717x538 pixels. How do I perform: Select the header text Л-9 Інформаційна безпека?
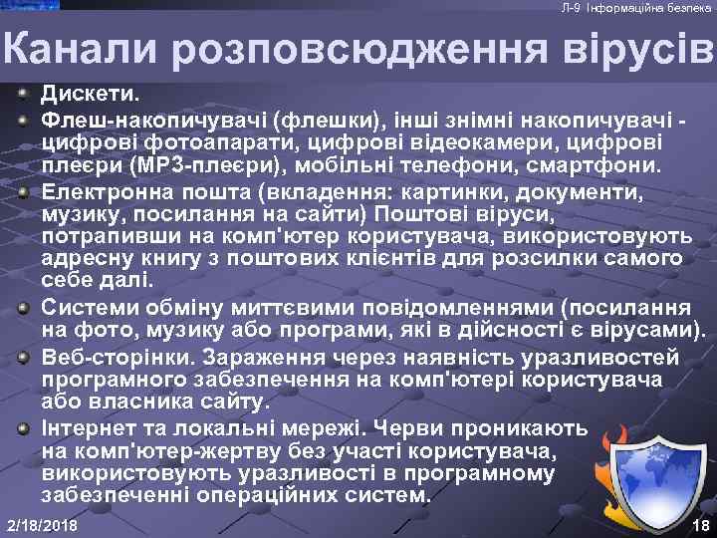[635, 8]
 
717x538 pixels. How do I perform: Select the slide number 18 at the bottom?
[699, 524]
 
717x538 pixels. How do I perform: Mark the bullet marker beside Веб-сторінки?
[22, 356]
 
